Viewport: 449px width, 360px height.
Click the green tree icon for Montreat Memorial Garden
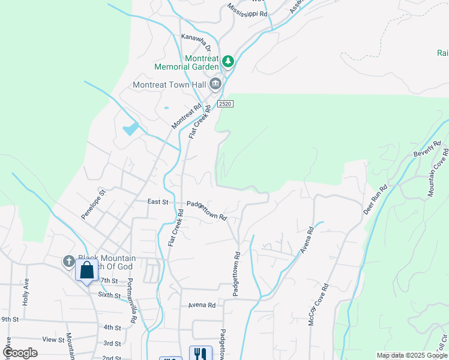pos(228,61)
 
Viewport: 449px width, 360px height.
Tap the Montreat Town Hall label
pos(169,85)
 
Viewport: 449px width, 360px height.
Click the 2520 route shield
pos(225,104)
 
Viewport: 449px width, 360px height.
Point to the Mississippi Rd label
pos(247,14)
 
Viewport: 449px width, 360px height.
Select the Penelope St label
pos(94,203)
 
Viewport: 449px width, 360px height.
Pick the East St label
pos(158,202)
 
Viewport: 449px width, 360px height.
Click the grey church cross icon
pos(68,261)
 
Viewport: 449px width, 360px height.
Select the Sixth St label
pos(109,295)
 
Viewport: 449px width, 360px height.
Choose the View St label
pos(53,340)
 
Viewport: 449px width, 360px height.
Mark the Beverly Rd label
pos(427,149)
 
